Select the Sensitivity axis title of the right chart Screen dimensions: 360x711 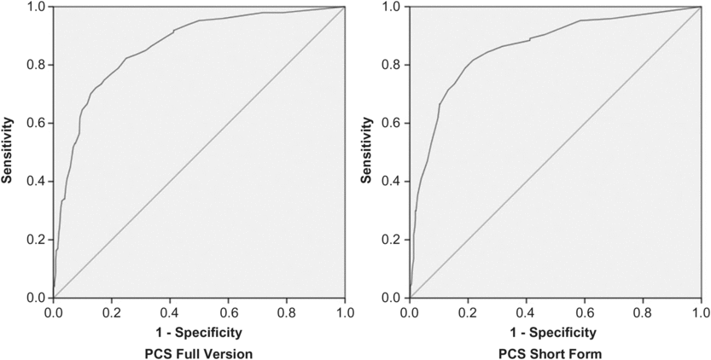(x=364, y=152)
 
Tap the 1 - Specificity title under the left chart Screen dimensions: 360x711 (x=199, y=331)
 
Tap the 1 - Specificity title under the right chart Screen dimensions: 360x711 (x=555, y=331)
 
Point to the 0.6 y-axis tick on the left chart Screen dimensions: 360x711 (x=37, y=123)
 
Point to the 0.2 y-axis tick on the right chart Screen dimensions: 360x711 (x=393, y=240)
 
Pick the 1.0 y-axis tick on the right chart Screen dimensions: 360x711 (x=393, y=7)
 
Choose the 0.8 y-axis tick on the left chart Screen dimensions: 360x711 (x=37, y=65)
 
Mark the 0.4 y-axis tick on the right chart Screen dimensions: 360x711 (x=393, y=182)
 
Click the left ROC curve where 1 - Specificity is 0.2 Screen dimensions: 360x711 (x=112, y=74)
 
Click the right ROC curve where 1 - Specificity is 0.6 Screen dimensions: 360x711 (x=585, y=20)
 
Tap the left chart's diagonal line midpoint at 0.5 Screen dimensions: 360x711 (x=199, y=152)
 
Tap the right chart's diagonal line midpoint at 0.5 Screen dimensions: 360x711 (x=555, y=152)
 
